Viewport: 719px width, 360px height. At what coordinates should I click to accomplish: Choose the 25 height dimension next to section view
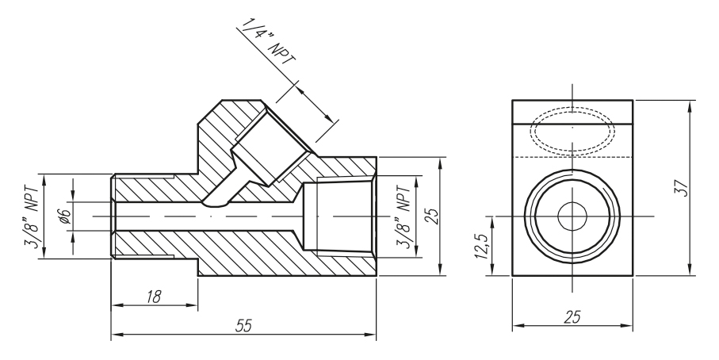430,215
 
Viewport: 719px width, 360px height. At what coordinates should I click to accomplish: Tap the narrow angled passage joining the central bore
223,193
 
